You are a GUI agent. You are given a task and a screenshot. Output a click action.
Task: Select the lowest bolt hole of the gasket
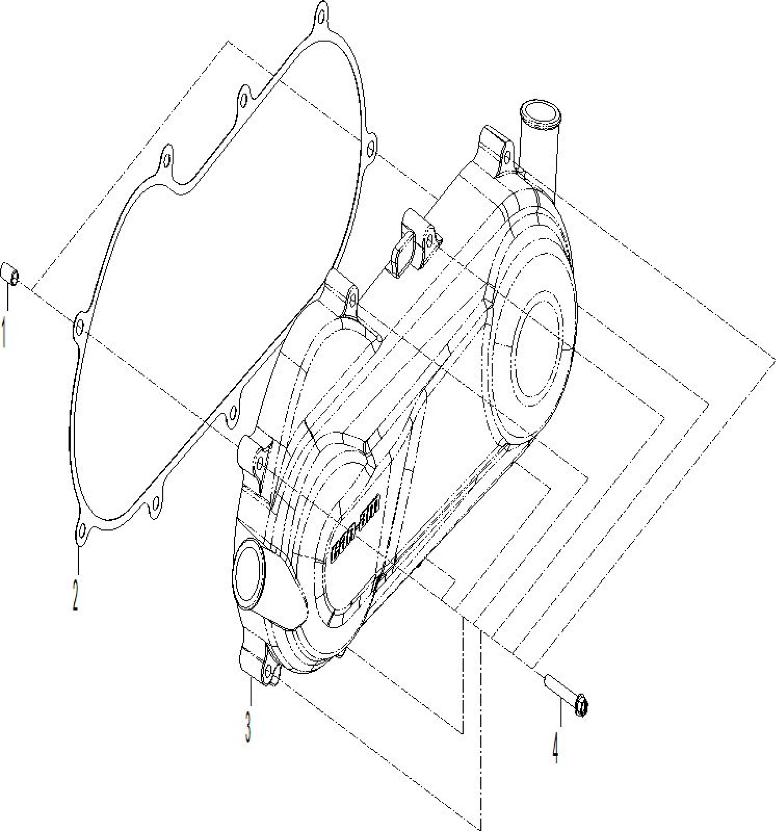click(82, 530)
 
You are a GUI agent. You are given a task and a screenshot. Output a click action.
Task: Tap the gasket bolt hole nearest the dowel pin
click(80, 326)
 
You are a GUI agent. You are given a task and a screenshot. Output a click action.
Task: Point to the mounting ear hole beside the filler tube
click(506, 158)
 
